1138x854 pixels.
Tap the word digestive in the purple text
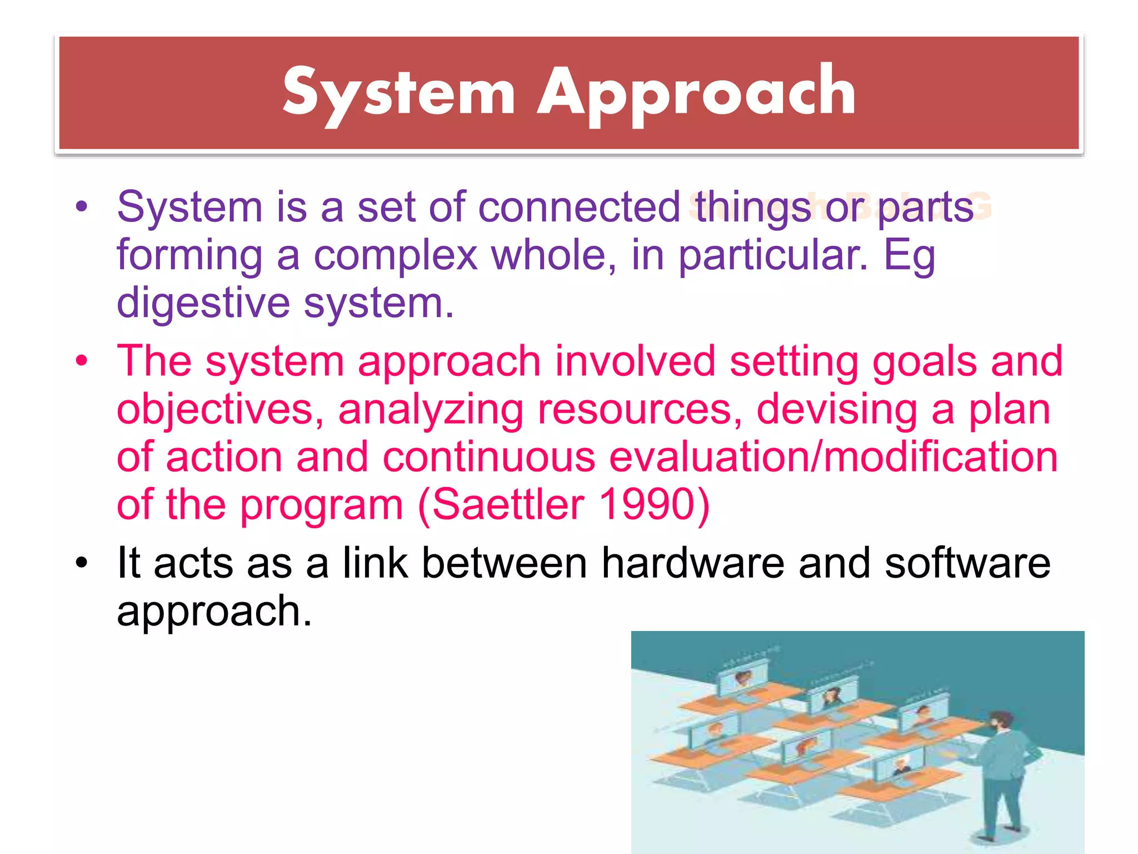click(x=203, y=304)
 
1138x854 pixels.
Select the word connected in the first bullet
click(x=579, y=207)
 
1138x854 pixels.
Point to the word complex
click(x=395, y=256)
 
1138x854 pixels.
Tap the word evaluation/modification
click(x=833, y=457)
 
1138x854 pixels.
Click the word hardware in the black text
click(x=692, y=563)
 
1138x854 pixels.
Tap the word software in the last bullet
click(x=967, y=563)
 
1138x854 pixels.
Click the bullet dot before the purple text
click(x=82, y=207)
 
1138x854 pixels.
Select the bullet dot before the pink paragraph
click(x=82, y=361)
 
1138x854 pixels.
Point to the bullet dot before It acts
click(x=82, y=563)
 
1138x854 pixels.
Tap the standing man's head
click(x=1001, y=722)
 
